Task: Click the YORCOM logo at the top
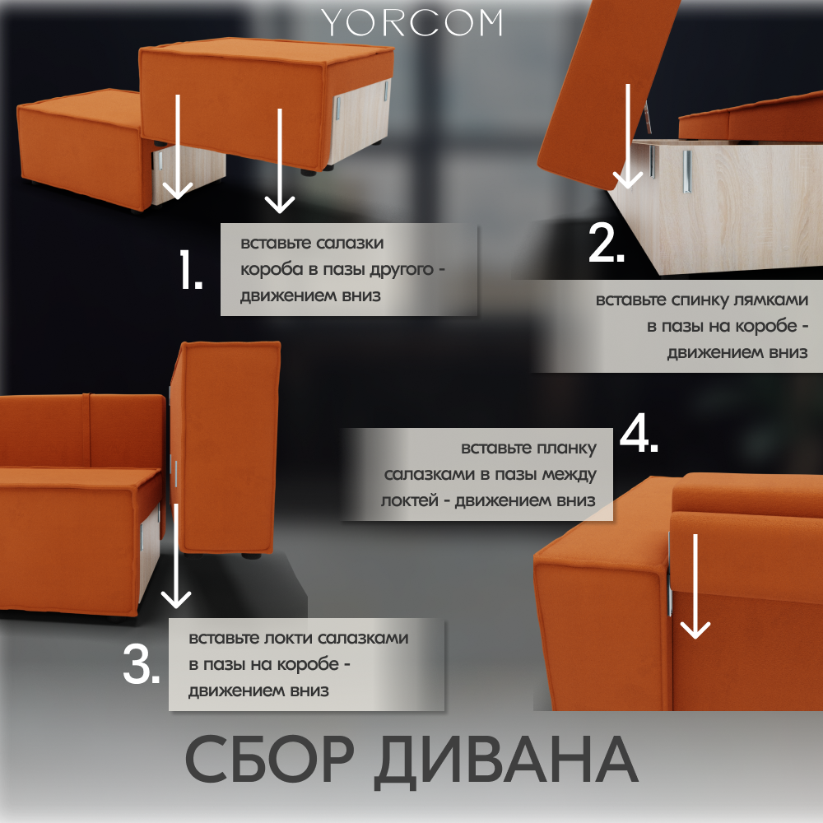(x=412, y=22)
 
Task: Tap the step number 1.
(x=191, y=270)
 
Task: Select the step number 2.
(x=607, y=243)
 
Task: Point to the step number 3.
(x=142, y=663)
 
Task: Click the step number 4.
(x=639, y=433)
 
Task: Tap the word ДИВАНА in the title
(x=506, y=761)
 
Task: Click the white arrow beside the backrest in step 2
(x=628, y=136)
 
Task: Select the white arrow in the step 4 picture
(x=695, y=586)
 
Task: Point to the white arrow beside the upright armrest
(x=176, y=556)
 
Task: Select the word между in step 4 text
(x=569, y=475)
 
